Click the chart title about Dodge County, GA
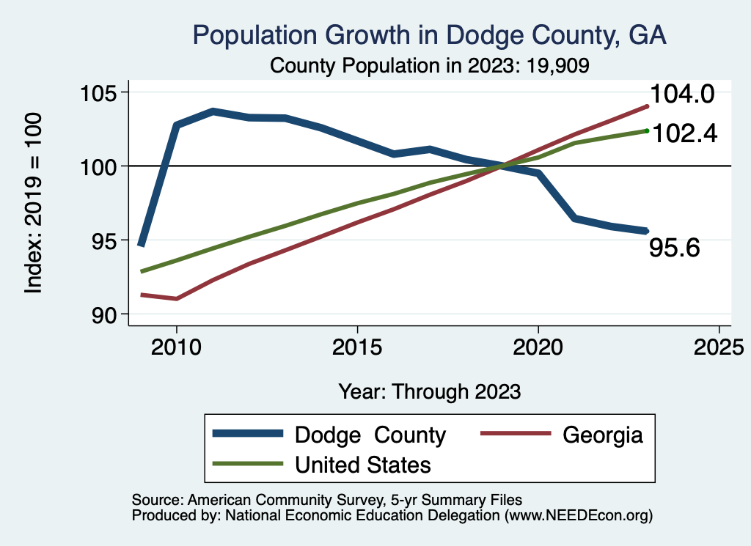pyautogui.click(x=429, y=35)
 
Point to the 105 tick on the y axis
pyautogui.click(x=100, y=93)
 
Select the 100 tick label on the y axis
pyautogui.click(x=100, y=166)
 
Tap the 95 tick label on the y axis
pyautogui.click(x=109, y=240)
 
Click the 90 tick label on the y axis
pyautogui.click(x=109, y=314)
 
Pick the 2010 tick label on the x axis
pyautogui.click(x=176, y=346)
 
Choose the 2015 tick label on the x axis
pyautogui.click(x=357, y=346)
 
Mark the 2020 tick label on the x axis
pyautogui.click(x=538, y=346)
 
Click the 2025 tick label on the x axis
pyautogui.click(x=719, y=346)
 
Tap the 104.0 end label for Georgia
pyautogui.click(x=681, y=95)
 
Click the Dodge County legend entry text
pyautogui.click(x=370, y=435)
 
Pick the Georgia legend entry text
pyautogui.click(x=603, y=435)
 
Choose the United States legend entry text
pyautogui.click(x=362, y=465)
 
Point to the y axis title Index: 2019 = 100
pyautogui.click(x=33, y=203)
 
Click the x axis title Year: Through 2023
pyautogui.click(x=430, y=391)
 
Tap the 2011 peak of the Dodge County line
pyautogui.click(x=213, y=111)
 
